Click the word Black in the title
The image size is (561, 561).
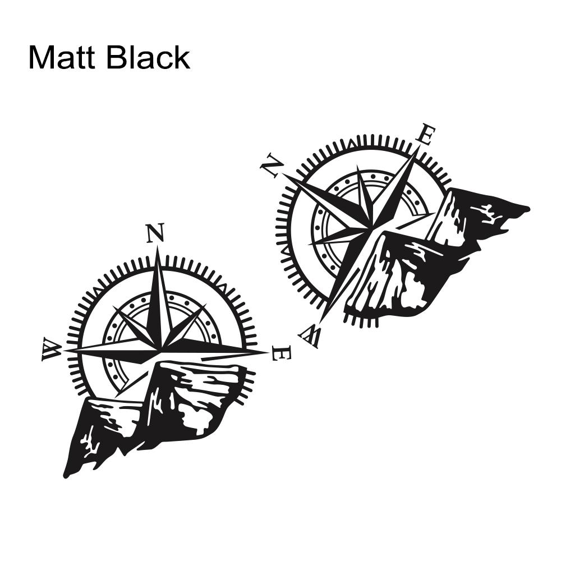click(x=149, y=57)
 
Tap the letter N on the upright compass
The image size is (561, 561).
click(x=155, y=233)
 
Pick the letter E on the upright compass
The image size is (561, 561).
click(x=282, y=353)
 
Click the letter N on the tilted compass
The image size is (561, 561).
click(x=272, y=165)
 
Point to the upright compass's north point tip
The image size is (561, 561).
click(x=157, y=247)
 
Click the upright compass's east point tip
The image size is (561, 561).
click(x=268, y=352)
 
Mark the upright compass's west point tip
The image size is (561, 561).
click(x=65, y=351)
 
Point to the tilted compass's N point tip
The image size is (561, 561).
click(x=284, y=174)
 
